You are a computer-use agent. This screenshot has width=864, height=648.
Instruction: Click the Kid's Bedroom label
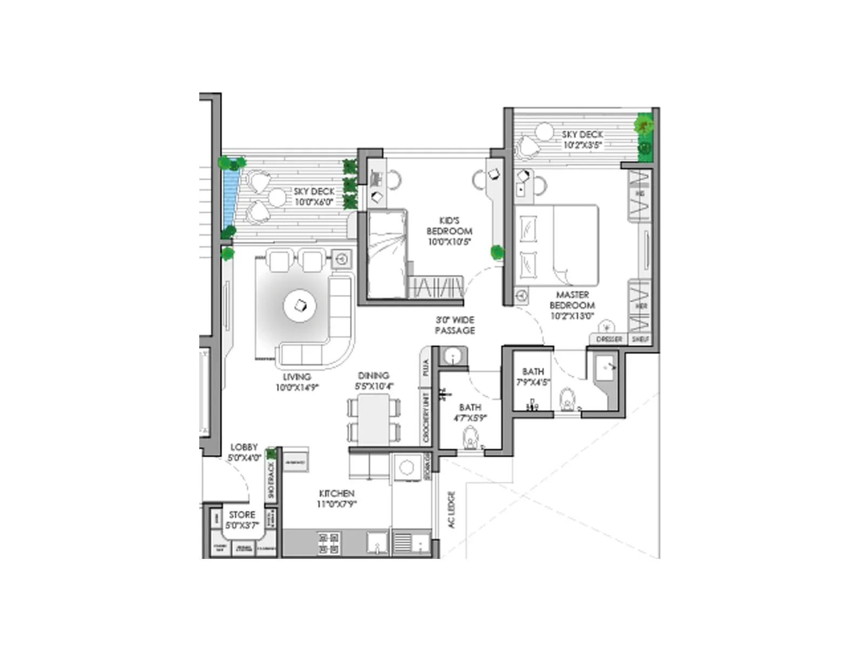[x=449, y=226]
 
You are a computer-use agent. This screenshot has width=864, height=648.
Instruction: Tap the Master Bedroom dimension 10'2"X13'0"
[x=572, y=316]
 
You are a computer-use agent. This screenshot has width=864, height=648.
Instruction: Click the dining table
[x=374, y=419]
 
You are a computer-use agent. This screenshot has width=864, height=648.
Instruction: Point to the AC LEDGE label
[x=451, y=509]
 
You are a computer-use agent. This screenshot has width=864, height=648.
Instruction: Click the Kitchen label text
[x=336, y=494]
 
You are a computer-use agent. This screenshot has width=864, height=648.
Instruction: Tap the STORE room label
[x=242, y=515]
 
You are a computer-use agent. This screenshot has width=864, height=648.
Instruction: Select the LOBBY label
[x=244, y=447]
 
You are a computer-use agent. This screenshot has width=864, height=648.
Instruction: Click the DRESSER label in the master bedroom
[x=609, y=339]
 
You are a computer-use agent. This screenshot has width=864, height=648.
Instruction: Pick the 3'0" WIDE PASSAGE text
[x=455, y=325]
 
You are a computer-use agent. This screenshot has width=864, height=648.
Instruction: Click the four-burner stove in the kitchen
[x=328, y=543]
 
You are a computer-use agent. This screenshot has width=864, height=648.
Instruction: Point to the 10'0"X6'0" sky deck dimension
[x=314, y=202]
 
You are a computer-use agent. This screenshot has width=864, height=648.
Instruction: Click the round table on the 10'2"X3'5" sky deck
[x=544, y=131]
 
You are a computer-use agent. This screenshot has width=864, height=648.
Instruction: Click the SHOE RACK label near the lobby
[x=271, y=480]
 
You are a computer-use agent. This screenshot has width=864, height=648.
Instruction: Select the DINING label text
[x=373, y=375]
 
